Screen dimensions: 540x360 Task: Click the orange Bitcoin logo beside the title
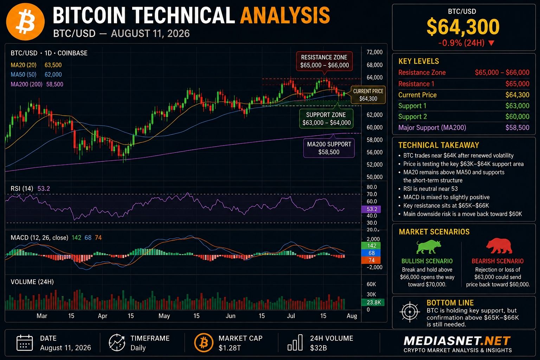(25, 21)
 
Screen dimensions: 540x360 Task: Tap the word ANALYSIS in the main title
(285, 15)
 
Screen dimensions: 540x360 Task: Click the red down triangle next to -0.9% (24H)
(491, 43)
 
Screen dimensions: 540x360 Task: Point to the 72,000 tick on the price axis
(374, 52)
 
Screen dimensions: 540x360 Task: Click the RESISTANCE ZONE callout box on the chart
(324, 61)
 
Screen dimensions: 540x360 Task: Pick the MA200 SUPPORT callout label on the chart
(329, 148)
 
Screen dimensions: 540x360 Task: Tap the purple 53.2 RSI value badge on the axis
(371, 209)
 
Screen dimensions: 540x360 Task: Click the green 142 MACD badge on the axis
(371, 245)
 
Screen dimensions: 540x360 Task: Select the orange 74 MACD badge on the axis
(371, 260)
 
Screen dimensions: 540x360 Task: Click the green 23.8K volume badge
(373, 302)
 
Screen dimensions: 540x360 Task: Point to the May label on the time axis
(164, 316)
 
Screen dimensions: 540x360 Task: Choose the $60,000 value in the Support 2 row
(517, 116)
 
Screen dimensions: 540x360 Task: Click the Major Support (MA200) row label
(432, 128)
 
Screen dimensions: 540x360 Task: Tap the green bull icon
(429, 247)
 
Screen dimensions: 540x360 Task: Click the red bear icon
(499, 246)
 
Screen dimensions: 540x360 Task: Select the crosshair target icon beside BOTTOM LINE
(409, 312)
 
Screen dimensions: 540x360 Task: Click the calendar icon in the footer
(25, 343)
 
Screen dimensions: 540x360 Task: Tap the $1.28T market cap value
(230, 348)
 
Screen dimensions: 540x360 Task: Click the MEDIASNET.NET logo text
(457, 341)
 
